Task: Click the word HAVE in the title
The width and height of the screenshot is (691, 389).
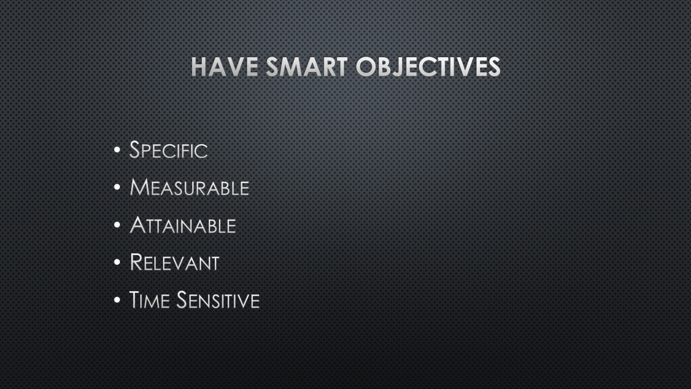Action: [x=225, y=66]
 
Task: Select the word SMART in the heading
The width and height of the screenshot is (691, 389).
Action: [x=307, y=66]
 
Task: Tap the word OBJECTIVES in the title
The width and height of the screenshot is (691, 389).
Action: [x=428, y=66]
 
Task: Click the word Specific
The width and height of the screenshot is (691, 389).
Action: [x=168, y=150]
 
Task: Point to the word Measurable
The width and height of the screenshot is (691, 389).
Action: [x=189, y=187]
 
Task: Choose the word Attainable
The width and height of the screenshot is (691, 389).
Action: [x=183, y=225]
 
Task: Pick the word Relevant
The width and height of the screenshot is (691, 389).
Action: [x=174, y=262]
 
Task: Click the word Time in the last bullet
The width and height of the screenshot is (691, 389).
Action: [x=150, y=299]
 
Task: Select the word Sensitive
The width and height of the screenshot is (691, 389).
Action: [x=218, y=299]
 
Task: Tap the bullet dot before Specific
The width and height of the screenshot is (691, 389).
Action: [x=117, y=150]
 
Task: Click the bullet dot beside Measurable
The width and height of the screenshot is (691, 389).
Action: [x=117, y=187]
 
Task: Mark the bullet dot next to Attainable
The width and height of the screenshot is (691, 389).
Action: [x=117, y=225]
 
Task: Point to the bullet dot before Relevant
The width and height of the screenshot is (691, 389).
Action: [x=117, y=262]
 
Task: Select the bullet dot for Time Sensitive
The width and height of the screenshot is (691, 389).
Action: [x=117, y=299]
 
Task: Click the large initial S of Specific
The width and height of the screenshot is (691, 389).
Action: [x=135, y=150]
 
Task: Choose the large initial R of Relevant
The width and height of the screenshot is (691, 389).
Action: [x=136, y=262]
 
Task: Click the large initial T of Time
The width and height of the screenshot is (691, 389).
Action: [x=134, y=299]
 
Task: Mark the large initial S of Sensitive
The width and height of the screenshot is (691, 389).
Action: [x=182, y=299]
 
